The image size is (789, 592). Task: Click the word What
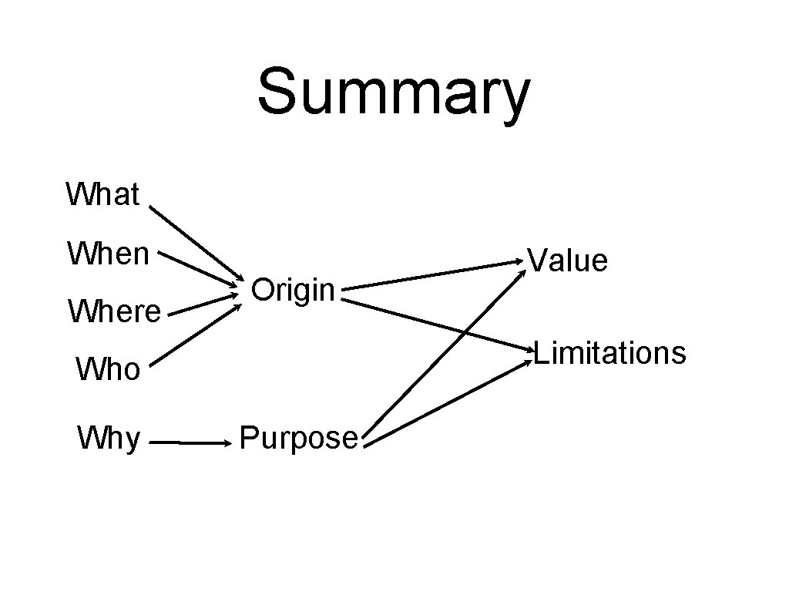point(102,194)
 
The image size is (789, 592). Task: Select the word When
point(108,253)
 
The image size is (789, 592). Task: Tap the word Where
point(114,312)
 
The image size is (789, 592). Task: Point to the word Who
point(108,370)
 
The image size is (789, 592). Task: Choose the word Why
point(109,439)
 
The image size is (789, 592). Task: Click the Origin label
point(293,290)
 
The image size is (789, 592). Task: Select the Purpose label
point(299,438)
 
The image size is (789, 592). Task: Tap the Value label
point(569,261)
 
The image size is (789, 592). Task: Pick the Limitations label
point(609,353)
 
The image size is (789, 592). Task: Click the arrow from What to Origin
point(195,244)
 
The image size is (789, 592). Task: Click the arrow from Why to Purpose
point(189,443)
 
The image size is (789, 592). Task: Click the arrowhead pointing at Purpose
point(227,443)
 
